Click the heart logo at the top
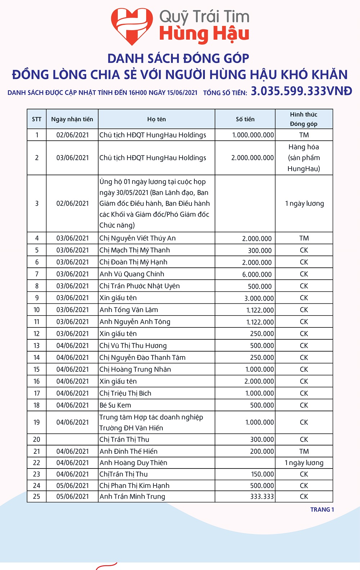pos(132,26)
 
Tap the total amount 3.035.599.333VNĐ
pos(301,91)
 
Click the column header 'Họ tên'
pos(157,119)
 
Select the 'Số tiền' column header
pos(245,119)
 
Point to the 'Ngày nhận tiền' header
pos(72,119)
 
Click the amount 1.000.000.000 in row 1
pos(253,135)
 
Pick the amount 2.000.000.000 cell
pos(252,158)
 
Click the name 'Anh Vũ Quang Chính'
pos(132,274)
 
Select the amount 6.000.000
pos(257,274)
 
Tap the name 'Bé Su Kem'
pos(115,405)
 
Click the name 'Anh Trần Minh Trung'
pos(132,497)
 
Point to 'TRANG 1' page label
pos(322,510)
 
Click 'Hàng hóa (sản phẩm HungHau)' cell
pos(304,158)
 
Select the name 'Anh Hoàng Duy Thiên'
pos(133,463)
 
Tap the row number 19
pos(37,422)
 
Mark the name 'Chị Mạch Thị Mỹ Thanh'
pos(135,250)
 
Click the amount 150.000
pos(262,474)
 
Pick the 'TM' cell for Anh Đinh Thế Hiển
pos(304,451)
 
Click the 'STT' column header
pos(37,119)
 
